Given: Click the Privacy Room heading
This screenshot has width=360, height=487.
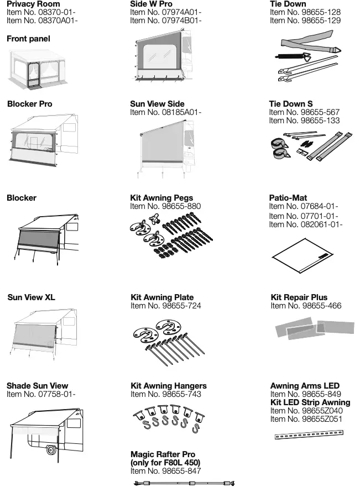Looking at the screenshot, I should point(33,4).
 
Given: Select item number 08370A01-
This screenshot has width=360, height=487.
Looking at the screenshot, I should point(42,20).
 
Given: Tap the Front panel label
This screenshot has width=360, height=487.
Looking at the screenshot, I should point(28,39).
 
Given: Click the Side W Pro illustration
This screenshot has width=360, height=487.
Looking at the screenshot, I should point(163,59).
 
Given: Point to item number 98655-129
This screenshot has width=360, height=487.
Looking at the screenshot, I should point(305,20).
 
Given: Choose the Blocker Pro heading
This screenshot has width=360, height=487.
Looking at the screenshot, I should point(29,104).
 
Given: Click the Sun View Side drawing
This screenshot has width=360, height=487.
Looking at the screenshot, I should point(163,149).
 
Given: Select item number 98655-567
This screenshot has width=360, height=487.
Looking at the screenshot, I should point(305,112).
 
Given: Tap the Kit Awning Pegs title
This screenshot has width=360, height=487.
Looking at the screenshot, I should point(161,198).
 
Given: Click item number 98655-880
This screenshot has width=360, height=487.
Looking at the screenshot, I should point(165,206).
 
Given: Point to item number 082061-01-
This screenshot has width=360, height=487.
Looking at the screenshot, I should point(306,224).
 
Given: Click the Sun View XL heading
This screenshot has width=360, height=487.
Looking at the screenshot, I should point(32,297).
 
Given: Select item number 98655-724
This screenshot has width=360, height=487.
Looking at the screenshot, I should point(165,306).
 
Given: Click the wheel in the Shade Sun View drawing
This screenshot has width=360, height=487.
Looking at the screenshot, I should point(51,450).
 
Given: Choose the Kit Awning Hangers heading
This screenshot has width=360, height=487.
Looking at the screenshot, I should point(169,386).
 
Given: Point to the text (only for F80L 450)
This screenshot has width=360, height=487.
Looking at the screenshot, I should point(165,462).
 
